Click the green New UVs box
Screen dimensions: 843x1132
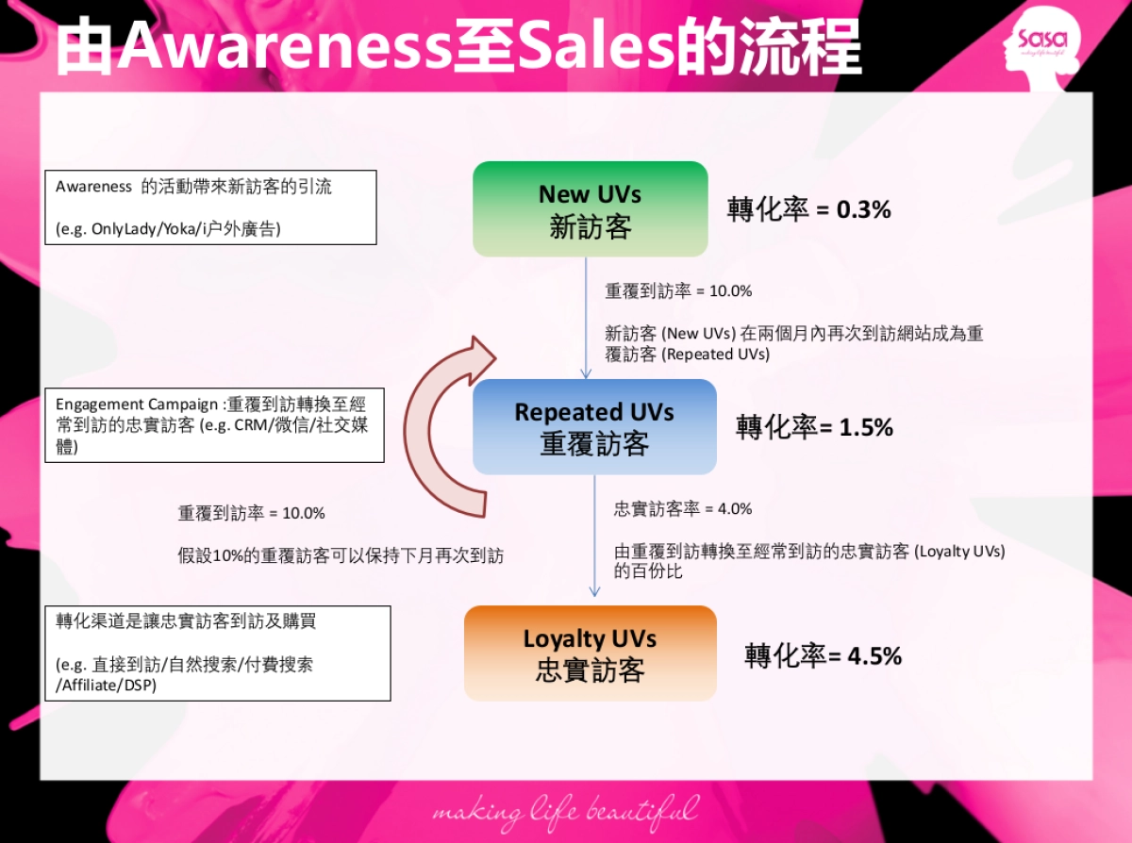[590, 209]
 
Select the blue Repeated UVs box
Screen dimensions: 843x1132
[594, 427]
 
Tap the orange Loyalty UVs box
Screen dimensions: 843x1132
[590, 653]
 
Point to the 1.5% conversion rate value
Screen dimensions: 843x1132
[865, 427]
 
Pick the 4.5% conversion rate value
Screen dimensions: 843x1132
[874, 655]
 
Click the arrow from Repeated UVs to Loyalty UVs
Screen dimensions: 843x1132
[594, 537]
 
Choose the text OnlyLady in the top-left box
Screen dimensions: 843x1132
[122, 229]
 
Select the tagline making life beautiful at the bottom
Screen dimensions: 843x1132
[566, 811]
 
